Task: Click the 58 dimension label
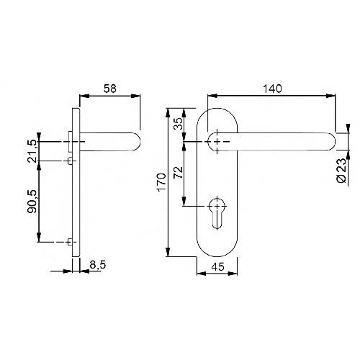(x=110, y=89)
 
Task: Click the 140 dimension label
(x=272, y=89)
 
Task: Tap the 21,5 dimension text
(x=32, y=150)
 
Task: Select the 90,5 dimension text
(x=32, y=201)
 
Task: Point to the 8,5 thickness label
(x=98, y=265)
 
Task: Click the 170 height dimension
(x=162, y=182)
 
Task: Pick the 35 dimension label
(x=178, y=124)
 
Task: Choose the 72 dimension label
(x=178, y=172)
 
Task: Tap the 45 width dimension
(x=218, y=266)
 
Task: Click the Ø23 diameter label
(x=342, y=171)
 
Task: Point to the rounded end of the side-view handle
(x=136, y=142)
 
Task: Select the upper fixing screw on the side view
(x=70, y=161)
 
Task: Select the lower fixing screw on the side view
(x=70, y=242)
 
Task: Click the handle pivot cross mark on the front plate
(x=217, y=142)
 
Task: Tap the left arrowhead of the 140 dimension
(x=212, y=96)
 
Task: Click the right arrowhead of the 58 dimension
(x=135, y=96)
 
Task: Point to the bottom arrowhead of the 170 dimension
(x=168, y=252)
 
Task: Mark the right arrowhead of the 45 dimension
(x=233, y=274)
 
